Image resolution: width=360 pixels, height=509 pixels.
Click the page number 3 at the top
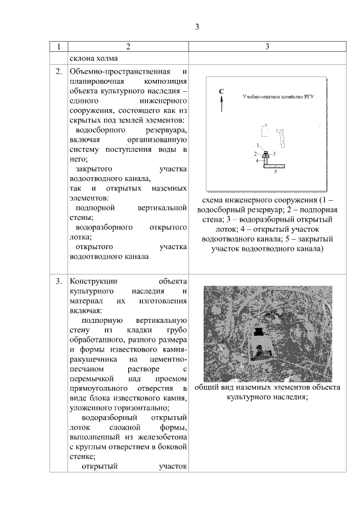tap(197, 26)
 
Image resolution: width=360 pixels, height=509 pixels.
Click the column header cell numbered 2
tap(128, 47)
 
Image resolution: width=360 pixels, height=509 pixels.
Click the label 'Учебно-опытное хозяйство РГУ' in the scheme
tap(277, 97)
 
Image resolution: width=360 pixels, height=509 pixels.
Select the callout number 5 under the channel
tap(275, 173)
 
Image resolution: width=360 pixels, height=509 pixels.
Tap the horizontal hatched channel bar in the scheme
tap(274, 166)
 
